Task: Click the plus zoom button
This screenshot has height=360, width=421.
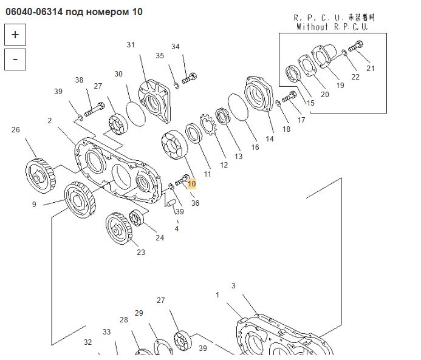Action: click(15, 35)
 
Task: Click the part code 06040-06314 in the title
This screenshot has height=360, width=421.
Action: click(36, 12)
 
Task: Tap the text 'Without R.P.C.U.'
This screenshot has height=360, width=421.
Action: click(332, 27)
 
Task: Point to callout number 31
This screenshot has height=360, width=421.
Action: click(131, 45)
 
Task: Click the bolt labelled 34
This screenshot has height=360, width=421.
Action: click(190, 78)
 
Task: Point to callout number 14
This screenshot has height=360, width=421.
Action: click(270, 139)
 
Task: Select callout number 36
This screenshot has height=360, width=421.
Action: click(195, 203)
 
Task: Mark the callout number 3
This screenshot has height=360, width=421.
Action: click(233, 286)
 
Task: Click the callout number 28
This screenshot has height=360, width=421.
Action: click(124, 320)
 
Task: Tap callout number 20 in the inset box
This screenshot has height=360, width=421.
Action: click(324, 94)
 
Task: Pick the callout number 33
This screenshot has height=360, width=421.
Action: click(106, 332)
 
